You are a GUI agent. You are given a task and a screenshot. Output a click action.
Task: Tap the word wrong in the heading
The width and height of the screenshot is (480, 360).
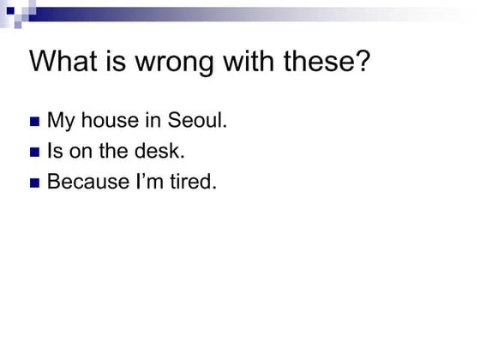pos(169,63)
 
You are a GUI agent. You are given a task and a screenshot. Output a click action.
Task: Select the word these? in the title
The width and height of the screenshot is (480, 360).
pos(323,63)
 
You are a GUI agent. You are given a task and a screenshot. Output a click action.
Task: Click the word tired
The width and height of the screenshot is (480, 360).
pos(192,183)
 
